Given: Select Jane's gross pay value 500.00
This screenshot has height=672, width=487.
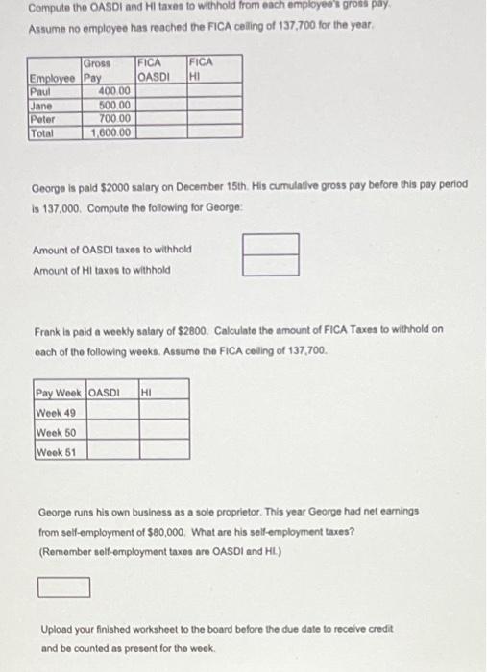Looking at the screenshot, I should (x=114, y=103).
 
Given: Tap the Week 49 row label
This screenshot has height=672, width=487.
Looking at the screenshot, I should (x=59, y=412).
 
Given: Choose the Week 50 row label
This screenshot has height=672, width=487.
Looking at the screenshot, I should (x=59, y=432).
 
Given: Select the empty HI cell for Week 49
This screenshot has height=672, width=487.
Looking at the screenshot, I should (x=163, y=412).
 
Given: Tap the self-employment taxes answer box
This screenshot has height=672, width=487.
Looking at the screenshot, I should (x=63, y=586).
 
